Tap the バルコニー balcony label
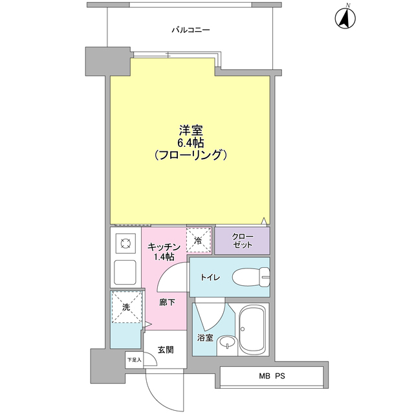pos(190,30)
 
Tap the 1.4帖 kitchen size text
pos(163,257)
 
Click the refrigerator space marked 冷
pos(199,239)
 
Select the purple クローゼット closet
pos(243,241)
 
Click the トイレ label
pos(210,278)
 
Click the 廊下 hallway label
pos(167,302)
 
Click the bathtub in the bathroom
pos(253,329)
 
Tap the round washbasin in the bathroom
pos(226,343)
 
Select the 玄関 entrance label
pos(165,350)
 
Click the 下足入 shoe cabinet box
pos(134,360)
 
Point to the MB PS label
pos(272,376)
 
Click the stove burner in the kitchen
pos(124,244)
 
